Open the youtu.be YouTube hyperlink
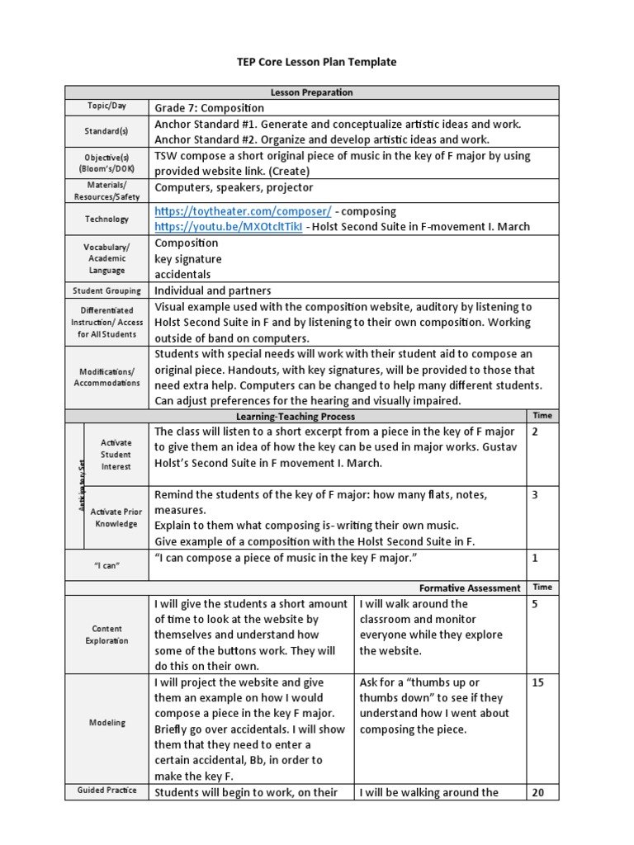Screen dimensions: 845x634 (x=228, y=226)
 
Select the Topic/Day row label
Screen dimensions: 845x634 (x=106, y=106)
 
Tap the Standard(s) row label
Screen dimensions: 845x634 (x=106, y=130)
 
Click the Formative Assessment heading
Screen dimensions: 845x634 (x=470, y=588)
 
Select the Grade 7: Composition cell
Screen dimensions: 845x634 (x=209, y=108)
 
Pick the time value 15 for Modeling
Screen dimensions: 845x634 (x=537, y=683)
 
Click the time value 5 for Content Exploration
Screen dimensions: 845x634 (x=536, y=604)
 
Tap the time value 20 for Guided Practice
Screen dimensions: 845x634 (x=538, y=792)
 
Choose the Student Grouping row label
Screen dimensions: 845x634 (x=106, y=290)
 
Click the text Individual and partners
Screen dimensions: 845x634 (x=213, y=290)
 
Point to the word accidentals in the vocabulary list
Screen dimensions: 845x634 (x=182, y=274)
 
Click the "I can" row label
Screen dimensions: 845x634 (x=106, y=567)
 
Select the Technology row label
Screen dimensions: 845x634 (x=106, y=219)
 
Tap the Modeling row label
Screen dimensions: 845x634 (x=106, y=723)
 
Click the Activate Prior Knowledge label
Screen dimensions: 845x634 (x=116, y=518)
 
